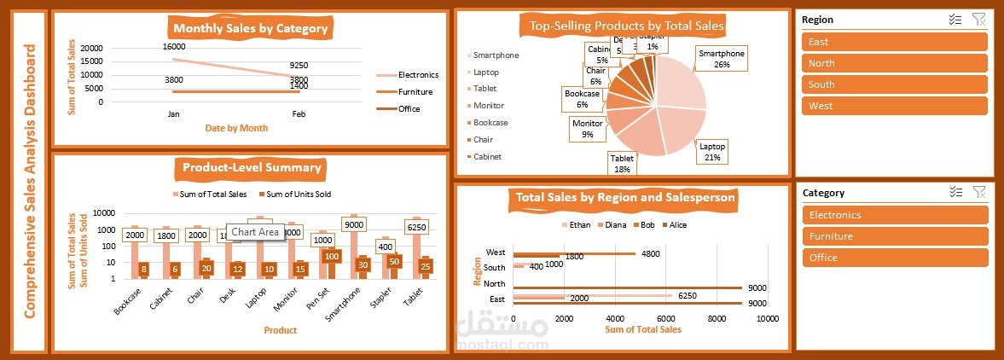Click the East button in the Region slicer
point(894,42)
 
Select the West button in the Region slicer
point(894,106)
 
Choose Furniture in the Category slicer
point(894,236)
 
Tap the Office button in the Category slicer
point(894,258)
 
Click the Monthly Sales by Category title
point(250,28)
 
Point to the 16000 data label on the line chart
point(174,47)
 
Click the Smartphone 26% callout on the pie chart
point(721,58)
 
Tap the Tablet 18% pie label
point(621,164)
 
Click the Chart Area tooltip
point(255,232)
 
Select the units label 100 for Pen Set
point(332,256)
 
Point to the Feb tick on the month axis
point(299,113)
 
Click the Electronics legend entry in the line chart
point(417,75)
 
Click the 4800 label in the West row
point(650,253)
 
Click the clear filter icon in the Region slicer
point(978,19)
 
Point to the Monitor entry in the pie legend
point(488,106)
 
